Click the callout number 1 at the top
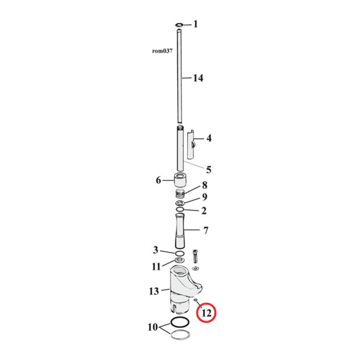pyautogui.click(x=195, y=24)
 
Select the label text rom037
pyautogui.click(x=162, y=51)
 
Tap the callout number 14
pyautogui.click(x=198, y=78)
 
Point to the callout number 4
pyautogui.click(x=209, y=139)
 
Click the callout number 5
pyautogui.click(x=209, y=170)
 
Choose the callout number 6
pyautogui.click(x=158, y=180)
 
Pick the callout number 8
pyautogui.click(x=204, y=185)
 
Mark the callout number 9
pyautogui.click(x=204, y=197)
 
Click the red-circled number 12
pyautogui.click(x=207, y=313)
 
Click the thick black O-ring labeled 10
pyautogui.click(x=180, y=322)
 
